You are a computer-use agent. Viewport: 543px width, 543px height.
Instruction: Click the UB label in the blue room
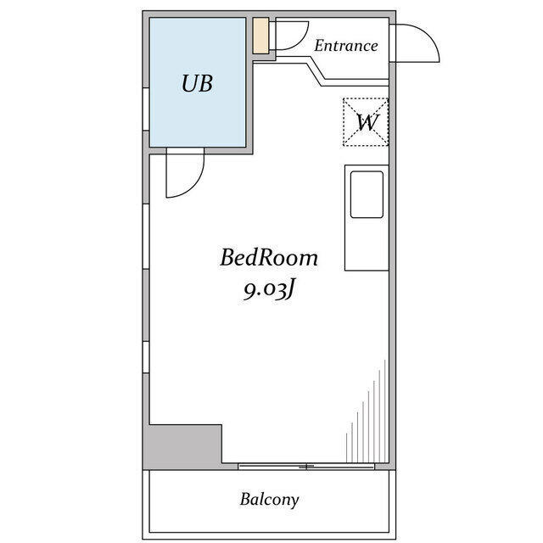tap(197, 83)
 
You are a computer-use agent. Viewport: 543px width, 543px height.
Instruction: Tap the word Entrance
tap(346, 46)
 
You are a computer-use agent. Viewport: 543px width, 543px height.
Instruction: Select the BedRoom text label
tap(269, 258)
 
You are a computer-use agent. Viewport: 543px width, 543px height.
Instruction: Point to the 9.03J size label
tap(269, 290)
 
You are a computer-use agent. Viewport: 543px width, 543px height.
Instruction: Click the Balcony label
tap(270, 500)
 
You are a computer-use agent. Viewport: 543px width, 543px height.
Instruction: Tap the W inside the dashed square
tap(367, 122)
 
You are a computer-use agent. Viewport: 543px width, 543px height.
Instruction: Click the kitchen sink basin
tap(367, 194)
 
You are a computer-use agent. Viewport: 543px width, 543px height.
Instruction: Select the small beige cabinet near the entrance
tap(260, 36)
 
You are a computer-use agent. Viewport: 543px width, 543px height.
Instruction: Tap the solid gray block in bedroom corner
tap(183, 447)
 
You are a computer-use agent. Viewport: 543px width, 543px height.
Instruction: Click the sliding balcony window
tap(306, 467)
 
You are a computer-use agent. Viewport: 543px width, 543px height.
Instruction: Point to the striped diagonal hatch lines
tap(366, 411)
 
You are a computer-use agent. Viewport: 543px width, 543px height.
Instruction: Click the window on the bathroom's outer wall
tap(146, 109)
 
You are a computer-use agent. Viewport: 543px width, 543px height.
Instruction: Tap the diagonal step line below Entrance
tap(315, 71)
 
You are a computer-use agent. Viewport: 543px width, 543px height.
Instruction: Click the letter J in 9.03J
tap(290, 290)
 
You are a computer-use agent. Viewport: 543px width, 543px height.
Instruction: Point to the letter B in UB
tap(205, 83)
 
